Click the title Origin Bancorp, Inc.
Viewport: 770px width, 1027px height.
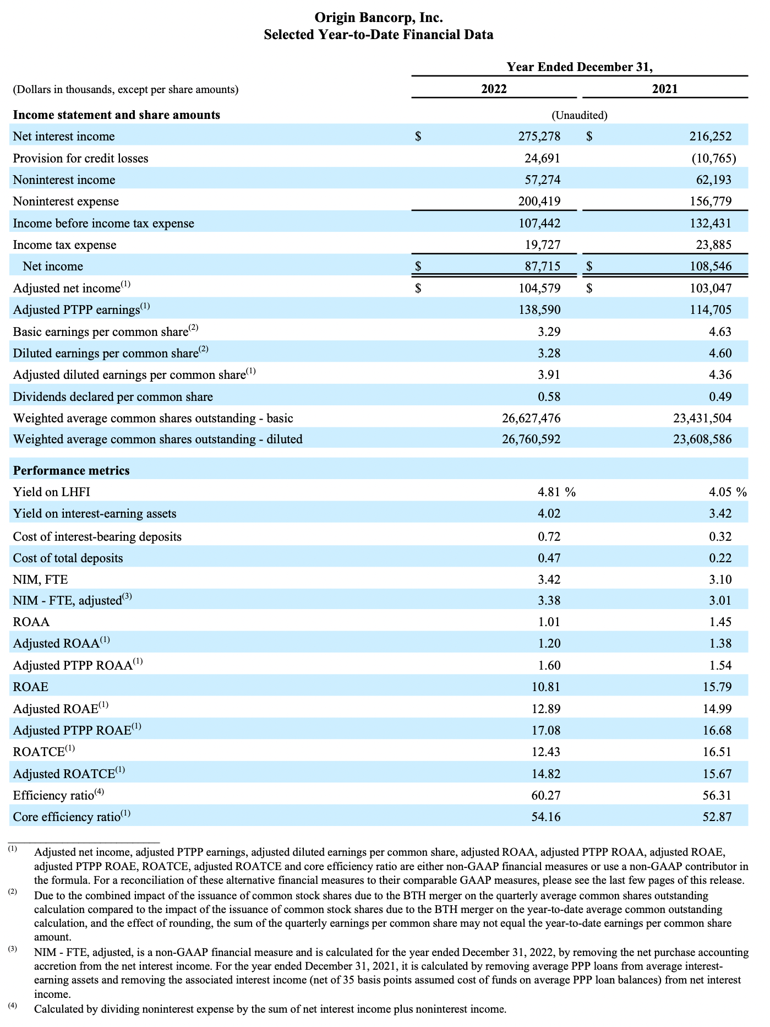[x=378, y=18]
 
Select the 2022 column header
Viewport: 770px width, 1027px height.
[x=494, y=89]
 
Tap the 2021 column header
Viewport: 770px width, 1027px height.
[x=665, y=89]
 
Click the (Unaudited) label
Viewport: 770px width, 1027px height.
[x=580, y=116]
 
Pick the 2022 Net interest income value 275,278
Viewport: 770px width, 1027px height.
[x=539, y=137]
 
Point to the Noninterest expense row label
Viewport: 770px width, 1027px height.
[x=66, y=202]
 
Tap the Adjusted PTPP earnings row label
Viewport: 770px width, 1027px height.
[x=77, y=310]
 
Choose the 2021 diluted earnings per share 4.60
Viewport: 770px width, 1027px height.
[x=720, y=354]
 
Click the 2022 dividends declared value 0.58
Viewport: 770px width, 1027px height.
[x=549, y=397]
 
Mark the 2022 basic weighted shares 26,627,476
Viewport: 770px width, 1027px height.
[x=531, y=419]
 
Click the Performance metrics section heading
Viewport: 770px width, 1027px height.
[x=72, y=471]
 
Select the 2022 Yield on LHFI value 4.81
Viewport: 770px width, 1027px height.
[x=549, y=492]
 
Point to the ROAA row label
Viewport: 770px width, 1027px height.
[x=31, y=622]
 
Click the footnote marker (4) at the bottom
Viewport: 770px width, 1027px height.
[x=13, y=1005]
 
